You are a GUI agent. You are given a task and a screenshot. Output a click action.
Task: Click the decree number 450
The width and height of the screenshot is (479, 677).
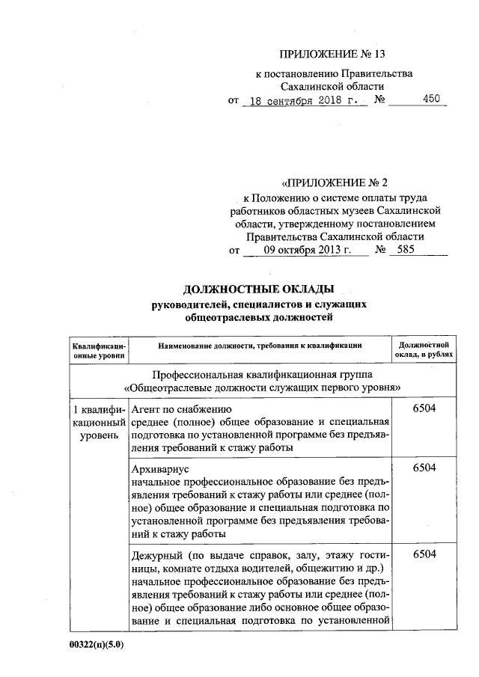(431, 99)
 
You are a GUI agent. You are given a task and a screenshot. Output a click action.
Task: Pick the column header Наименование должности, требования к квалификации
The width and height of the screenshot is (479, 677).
(260, 346)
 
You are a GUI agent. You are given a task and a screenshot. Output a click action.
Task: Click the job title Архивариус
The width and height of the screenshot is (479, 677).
(161, 468)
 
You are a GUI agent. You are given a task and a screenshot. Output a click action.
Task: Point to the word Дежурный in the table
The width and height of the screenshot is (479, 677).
(159, 554)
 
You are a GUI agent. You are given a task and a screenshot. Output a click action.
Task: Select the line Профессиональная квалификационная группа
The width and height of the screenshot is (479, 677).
(261, 373)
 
